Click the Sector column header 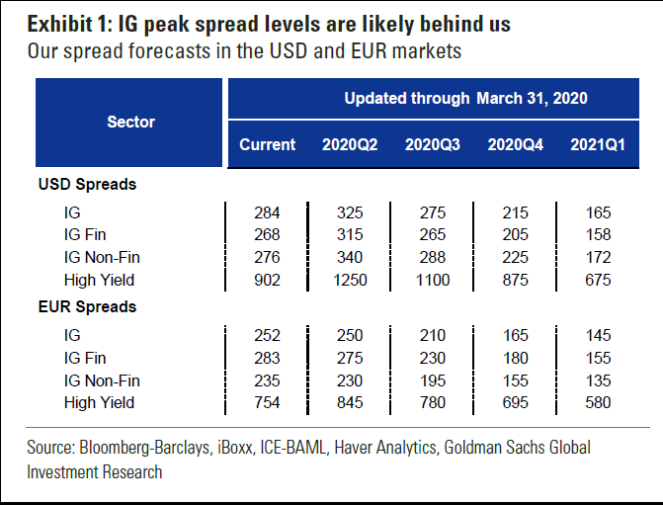coord(130,122)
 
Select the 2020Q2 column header coord(350,144)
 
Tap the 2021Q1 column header coord(598,144)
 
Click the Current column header coord(267,144)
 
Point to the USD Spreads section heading coord(87,185)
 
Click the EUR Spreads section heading coord(87,307)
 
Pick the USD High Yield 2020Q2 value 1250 coord(350,281)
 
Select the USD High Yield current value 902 coord(267,281)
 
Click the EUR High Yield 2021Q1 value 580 coord(598,403)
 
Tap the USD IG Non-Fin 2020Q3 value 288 coord(432,258)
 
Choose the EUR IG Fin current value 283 coord(267,358)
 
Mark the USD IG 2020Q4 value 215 coord(514,212)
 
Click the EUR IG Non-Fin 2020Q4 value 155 coord(514,380)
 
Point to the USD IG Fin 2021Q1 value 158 coord(598,235)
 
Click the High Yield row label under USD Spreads coord(99,281)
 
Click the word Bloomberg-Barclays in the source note coord(150,448)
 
